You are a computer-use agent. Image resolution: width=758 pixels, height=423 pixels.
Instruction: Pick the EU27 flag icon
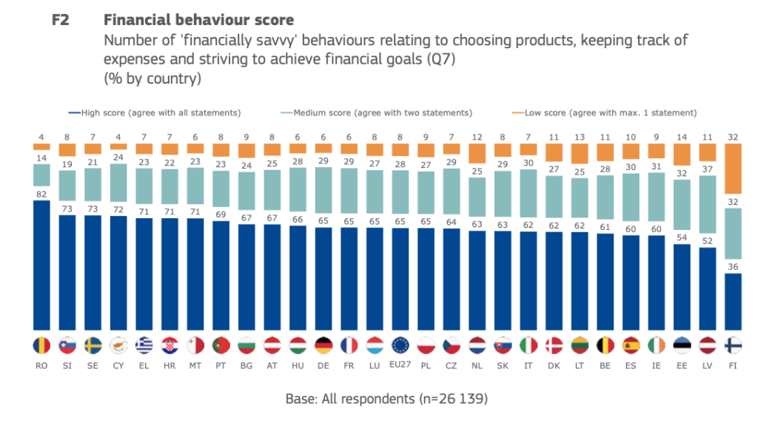(x=401, y=345)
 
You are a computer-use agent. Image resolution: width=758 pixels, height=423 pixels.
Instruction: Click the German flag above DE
(x=323, y=345)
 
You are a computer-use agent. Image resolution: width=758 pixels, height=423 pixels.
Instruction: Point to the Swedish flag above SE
(x=93, y=345)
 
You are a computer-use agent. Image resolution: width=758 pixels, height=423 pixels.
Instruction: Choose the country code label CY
(x=118, y=365)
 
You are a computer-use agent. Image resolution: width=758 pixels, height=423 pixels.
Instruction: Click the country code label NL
(x=477, y=365)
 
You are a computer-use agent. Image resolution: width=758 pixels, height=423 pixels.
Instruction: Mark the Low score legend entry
(x=607, y=113)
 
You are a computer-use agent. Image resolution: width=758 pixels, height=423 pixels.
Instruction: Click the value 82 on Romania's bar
(x=42, y=193)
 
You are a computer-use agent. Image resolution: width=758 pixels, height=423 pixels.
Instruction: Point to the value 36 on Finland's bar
(x=732, y=267)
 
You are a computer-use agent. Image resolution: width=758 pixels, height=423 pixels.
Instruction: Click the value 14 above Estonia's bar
(x=682, y=136)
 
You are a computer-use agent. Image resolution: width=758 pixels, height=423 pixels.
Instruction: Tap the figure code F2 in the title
(x=60, y=20)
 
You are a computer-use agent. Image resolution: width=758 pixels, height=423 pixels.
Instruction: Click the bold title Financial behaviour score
(x=199, y=20)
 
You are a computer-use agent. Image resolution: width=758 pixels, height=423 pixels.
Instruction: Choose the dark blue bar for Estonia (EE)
(x=682, y=287)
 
